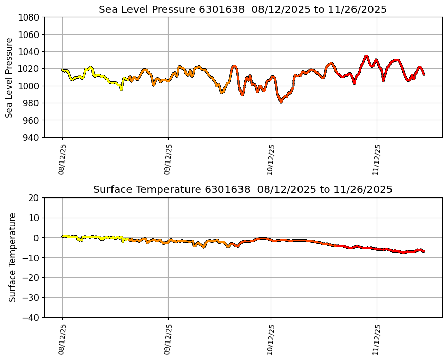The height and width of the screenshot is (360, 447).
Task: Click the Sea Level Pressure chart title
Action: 243,9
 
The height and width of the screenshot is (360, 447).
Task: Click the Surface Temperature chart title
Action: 243,189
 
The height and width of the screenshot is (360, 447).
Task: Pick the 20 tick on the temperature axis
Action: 34,198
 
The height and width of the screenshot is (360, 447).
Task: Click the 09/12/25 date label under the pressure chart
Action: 168,159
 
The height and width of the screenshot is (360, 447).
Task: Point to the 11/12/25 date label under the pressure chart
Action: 377,159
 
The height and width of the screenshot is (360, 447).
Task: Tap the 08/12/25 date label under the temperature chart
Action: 62,339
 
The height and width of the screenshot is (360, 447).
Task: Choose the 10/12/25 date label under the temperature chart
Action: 271,339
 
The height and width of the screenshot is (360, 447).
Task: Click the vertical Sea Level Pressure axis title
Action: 10,77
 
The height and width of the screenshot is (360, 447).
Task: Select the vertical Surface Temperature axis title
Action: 13,257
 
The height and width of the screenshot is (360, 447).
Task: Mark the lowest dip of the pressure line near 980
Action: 281,102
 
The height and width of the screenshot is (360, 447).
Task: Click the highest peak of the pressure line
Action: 366,56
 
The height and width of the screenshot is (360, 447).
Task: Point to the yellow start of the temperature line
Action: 63,236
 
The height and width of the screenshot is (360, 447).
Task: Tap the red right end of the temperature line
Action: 423,251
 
